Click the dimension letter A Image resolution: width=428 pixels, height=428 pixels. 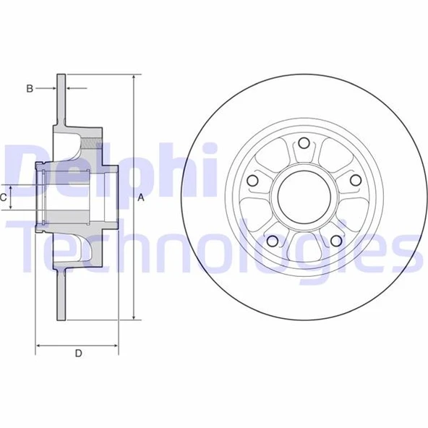point(142,197)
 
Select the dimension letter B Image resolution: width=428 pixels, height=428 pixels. point(30,88)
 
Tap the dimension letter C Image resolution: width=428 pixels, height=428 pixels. point(4,197)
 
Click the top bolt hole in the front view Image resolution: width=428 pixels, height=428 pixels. point(304,142)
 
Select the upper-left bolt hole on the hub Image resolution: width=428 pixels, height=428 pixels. point(252,180)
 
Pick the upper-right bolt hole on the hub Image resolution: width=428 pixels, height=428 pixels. point(355,179)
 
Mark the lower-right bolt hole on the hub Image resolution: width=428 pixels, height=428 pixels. point(335,241)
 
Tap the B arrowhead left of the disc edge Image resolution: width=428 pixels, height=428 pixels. point(54,88)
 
